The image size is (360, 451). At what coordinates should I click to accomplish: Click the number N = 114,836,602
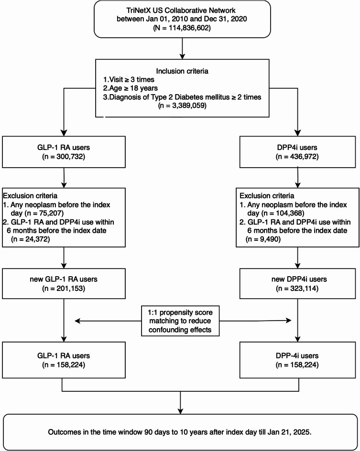point(182,28)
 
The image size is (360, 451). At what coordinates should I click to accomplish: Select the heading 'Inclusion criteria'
point(182,71)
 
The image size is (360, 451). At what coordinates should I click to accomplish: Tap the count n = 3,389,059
point(182,106)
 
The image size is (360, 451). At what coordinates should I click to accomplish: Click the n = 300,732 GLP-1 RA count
point(64,157)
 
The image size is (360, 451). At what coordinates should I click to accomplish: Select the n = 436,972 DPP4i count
point(297,157)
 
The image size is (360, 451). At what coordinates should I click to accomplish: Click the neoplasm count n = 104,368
point(283,213)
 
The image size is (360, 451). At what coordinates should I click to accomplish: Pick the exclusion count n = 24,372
point(31,239)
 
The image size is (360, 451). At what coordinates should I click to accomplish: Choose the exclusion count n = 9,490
point(263,239)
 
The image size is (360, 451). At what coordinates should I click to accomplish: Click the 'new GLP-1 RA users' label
point(64,279)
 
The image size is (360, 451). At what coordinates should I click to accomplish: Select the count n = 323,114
point(297,288)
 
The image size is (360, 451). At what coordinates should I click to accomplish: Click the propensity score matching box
point(180,321)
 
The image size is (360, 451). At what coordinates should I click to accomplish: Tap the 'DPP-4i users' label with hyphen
point(297,355)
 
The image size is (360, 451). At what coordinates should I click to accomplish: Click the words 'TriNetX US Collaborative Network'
point(181,11)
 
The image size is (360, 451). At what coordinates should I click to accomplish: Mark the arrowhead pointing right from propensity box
point(288,321)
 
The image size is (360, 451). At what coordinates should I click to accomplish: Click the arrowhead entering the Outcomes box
point(180,411)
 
